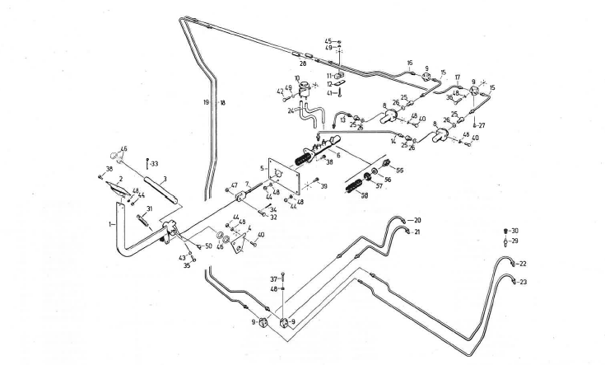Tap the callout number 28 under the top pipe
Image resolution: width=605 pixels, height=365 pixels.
tap(302, 63)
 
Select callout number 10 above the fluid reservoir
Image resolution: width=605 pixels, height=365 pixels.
tap(298, 78)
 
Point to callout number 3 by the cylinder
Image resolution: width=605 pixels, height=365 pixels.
tap(165, 178)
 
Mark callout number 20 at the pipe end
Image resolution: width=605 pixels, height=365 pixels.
tap(417, 221)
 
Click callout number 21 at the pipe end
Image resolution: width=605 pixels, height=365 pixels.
tap(417, 233)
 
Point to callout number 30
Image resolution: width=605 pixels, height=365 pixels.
tap(515, 231)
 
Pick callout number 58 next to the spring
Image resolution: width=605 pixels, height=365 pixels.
tap(364, 195)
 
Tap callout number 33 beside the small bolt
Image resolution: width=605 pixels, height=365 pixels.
tap(155, 162)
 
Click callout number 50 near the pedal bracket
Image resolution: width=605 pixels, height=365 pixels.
tap(207, 246)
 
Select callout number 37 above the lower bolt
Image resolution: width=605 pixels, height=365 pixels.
tap(275, 278)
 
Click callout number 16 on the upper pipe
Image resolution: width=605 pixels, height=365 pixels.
tap(409, 63)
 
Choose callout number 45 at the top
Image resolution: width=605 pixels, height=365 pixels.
tap(328, 40)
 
